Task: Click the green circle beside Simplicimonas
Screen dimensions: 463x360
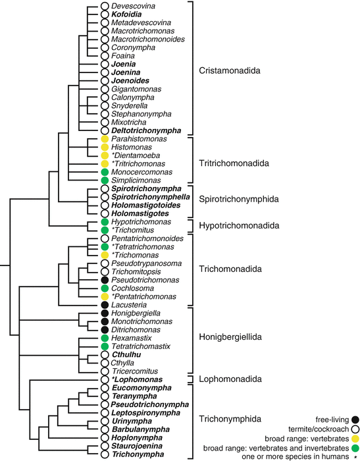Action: [104, 180]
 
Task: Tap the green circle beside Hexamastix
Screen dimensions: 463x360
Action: [104, 338]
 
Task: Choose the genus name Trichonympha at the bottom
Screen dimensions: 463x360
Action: [140, 454]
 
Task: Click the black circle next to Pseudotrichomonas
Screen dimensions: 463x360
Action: [104, 280]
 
